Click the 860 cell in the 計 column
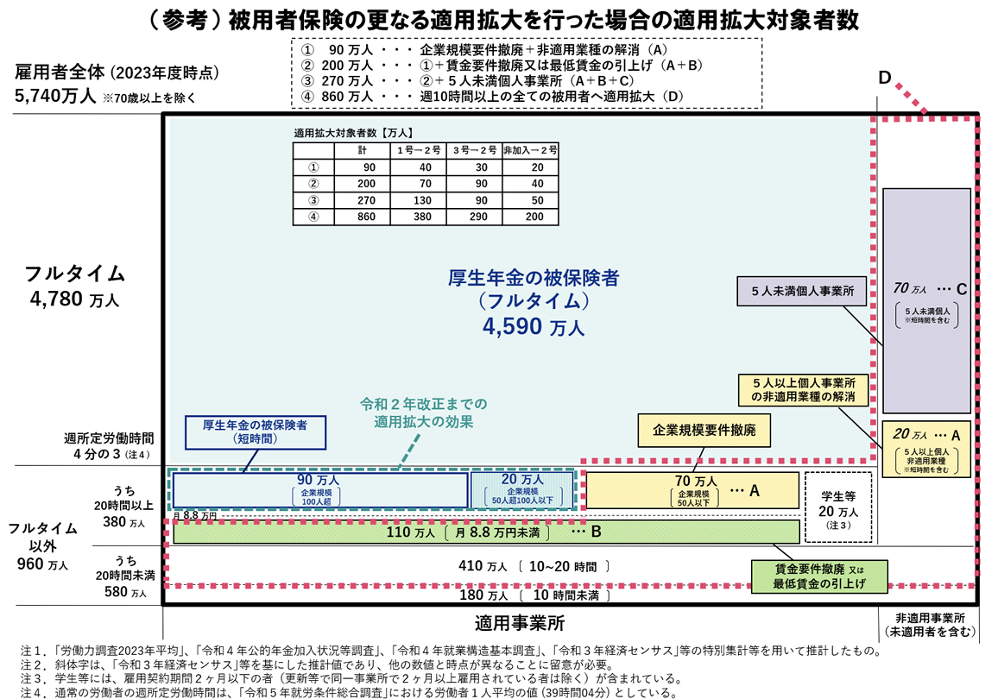[366, 217]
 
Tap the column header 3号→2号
[475, 150]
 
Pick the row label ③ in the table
[313, 200]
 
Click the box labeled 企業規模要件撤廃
[704, 431]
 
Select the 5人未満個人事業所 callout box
[802, 292]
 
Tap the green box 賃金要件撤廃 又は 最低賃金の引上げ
[819, 576]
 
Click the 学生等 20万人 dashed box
[838, 507]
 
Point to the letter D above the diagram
[885, 78]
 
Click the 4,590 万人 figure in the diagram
[533, 326]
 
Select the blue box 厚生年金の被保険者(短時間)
[256, 432]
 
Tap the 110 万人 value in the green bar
[411, 532]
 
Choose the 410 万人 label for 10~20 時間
[483, 565]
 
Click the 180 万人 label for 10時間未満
[483, 595]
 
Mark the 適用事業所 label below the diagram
[520, 623]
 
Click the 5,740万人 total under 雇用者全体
[55, 96]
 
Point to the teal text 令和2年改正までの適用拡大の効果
[423, 412]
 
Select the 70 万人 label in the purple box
[910, 288]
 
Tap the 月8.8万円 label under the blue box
[195, 515]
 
